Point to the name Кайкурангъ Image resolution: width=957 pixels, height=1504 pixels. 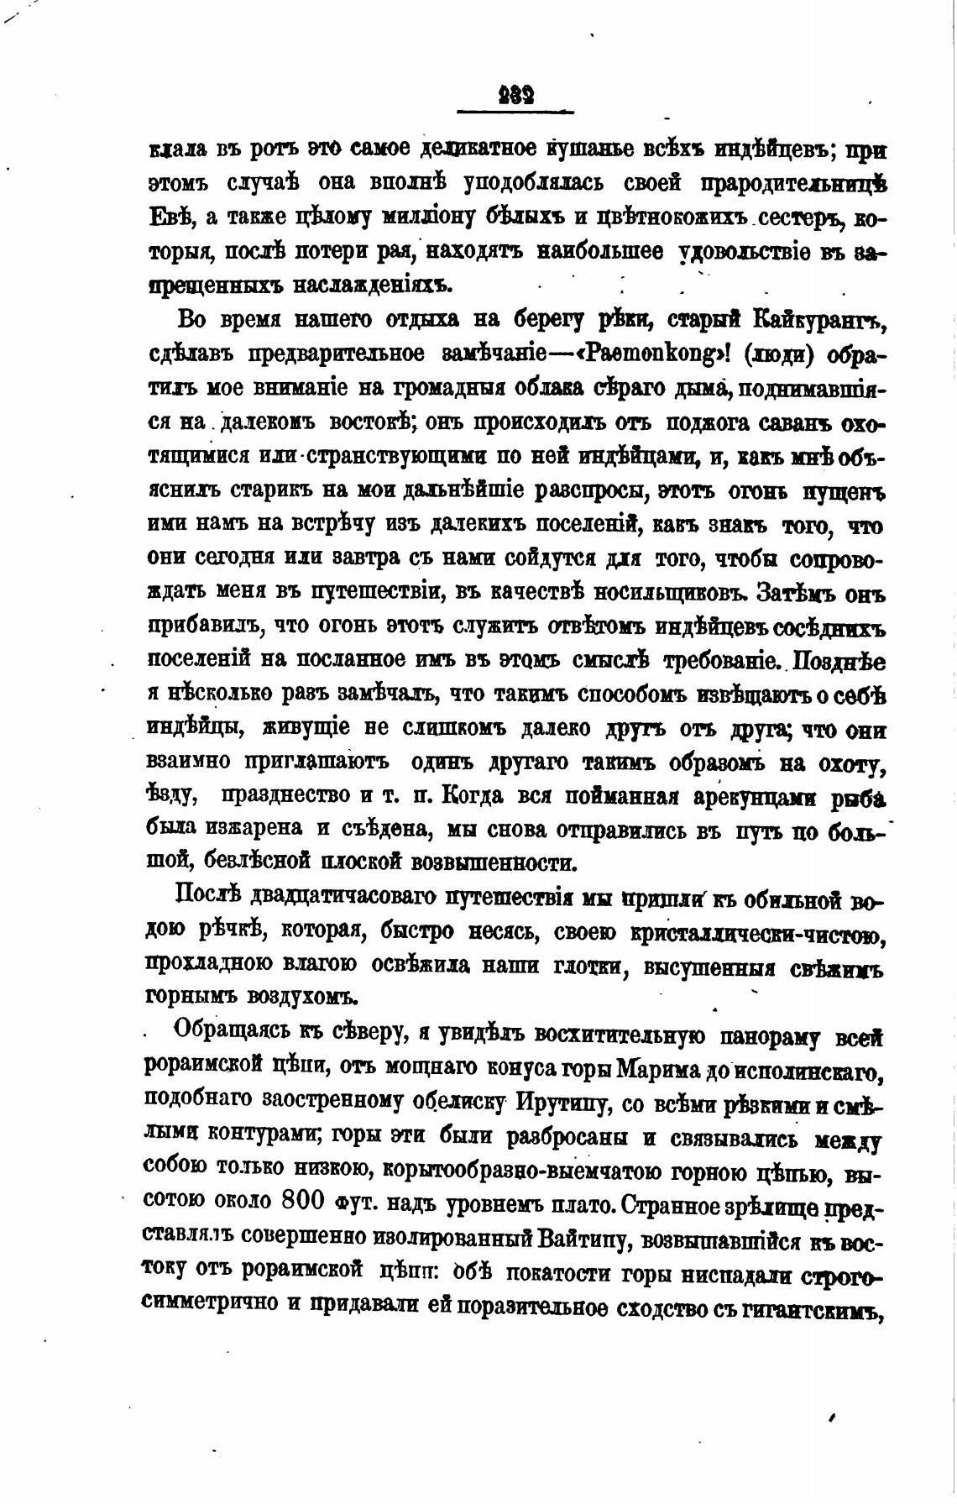point(819,320)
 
